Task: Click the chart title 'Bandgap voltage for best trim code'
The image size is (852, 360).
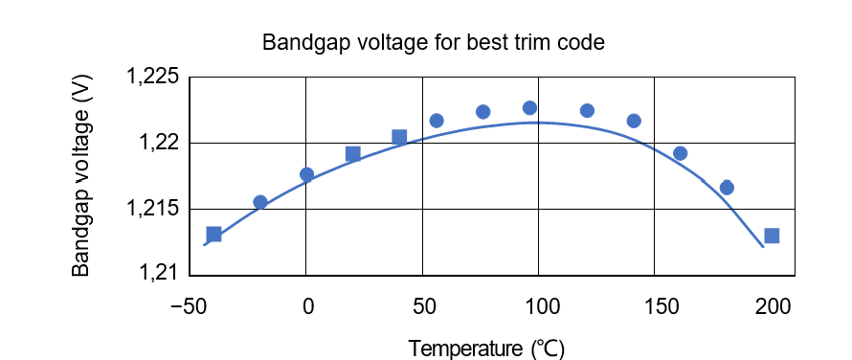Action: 434,44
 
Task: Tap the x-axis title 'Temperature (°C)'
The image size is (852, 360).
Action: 487,347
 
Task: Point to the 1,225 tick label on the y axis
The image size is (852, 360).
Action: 154,78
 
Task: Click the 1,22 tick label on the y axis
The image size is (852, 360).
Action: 160,144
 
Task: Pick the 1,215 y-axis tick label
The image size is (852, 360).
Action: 154,209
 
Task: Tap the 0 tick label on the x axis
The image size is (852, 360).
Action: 307,307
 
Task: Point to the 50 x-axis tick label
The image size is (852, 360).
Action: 423,307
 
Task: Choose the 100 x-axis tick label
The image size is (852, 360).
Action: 541,307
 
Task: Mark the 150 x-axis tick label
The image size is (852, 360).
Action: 658,307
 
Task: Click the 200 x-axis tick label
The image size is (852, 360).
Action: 774,307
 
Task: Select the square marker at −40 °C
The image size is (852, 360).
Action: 213,235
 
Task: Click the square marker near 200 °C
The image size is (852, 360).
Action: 772,236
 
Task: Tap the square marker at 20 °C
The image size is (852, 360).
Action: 353,154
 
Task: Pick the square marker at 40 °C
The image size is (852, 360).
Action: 399,137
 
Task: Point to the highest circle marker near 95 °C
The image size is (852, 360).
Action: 529,108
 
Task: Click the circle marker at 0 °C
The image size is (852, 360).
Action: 306,174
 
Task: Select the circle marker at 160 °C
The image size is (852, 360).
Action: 681,153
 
